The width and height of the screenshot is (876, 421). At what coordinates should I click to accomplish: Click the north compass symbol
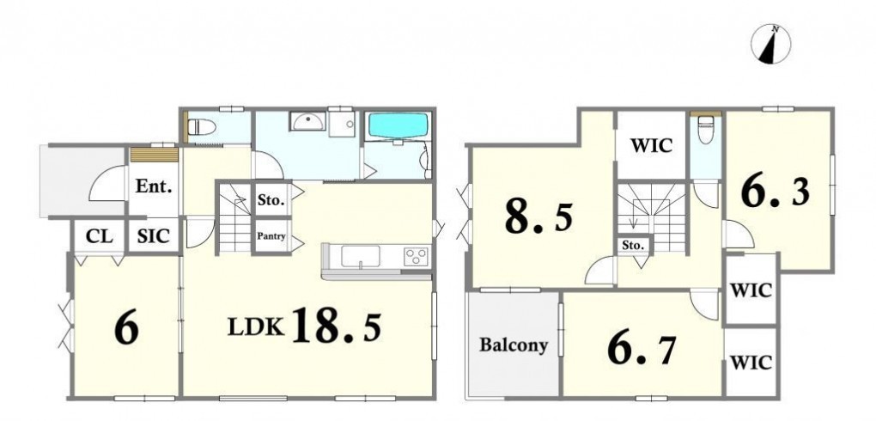(771, 44)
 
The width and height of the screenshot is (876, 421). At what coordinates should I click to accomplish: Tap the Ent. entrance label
(154, 186)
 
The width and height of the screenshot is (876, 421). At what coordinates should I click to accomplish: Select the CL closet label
(100, 236)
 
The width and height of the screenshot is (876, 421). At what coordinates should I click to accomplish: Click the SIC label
(153, 236)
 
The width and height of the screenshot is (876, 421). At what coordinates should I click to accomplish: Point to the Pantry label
(271, 236)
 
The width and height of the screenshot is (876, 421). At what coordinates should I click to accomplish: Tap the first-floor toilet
(202, 127)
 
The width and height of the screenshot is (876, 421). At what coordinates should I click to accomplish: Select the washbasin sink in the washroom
(307, 121)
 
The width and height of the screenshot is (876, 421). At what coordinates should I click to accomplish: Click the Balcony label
(514, 345)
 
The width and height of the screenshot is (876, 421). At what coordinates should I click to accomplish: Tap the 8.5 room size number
(538, 217)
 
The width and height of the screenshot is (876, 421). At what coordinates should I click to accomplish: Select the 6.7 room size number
(642, 350)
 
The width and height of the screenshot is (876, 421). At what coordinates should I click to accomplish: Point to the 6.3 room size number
(776, 193)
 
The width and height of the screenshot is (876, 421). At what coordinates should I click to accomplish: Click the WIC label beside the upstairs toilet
(651, 146)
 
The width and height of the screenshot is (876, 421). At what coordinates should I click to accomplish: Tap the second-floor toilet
(706, 130)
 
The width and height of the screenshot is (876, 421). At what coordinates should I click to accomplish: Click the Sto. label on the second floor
(633, 245)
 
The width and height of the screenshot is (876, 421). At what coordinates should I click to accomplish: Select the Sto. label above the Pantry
(271, 199)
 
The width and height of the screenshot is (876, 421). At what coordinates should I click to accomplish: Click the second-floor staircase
(651, 217)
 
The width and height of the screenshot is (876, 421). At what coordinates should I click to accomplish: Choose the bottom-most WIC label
(751, 363)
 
